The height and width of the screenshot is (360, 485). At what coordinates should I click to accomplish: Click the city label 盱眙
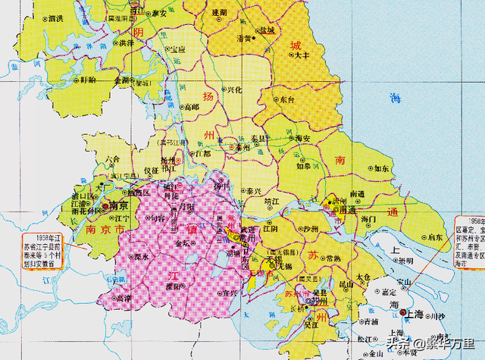tap(89, 79)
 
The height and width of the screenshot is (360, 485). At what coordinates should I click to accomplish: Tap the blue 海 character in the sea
tap(393, 99)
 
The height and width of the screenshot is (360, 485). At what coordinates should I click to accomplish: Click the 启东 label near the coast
tap(436, 236)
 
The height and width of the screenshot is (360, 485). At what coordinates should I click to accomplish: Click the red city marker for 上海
tap(403, 312)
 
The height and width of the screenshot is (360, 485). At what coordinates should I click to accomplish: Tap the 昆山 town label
tap(347, 284)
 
